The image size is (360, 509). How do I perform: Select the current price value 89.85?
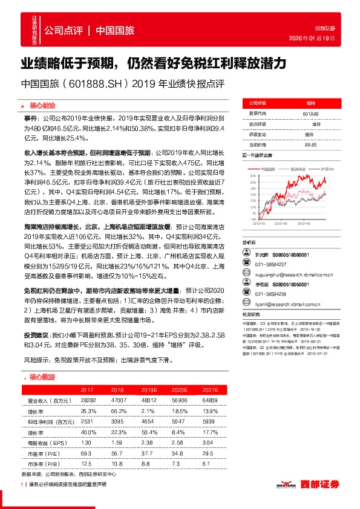(311, 144)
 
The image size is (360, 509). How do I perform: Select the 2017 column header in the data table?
(87, 389)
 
